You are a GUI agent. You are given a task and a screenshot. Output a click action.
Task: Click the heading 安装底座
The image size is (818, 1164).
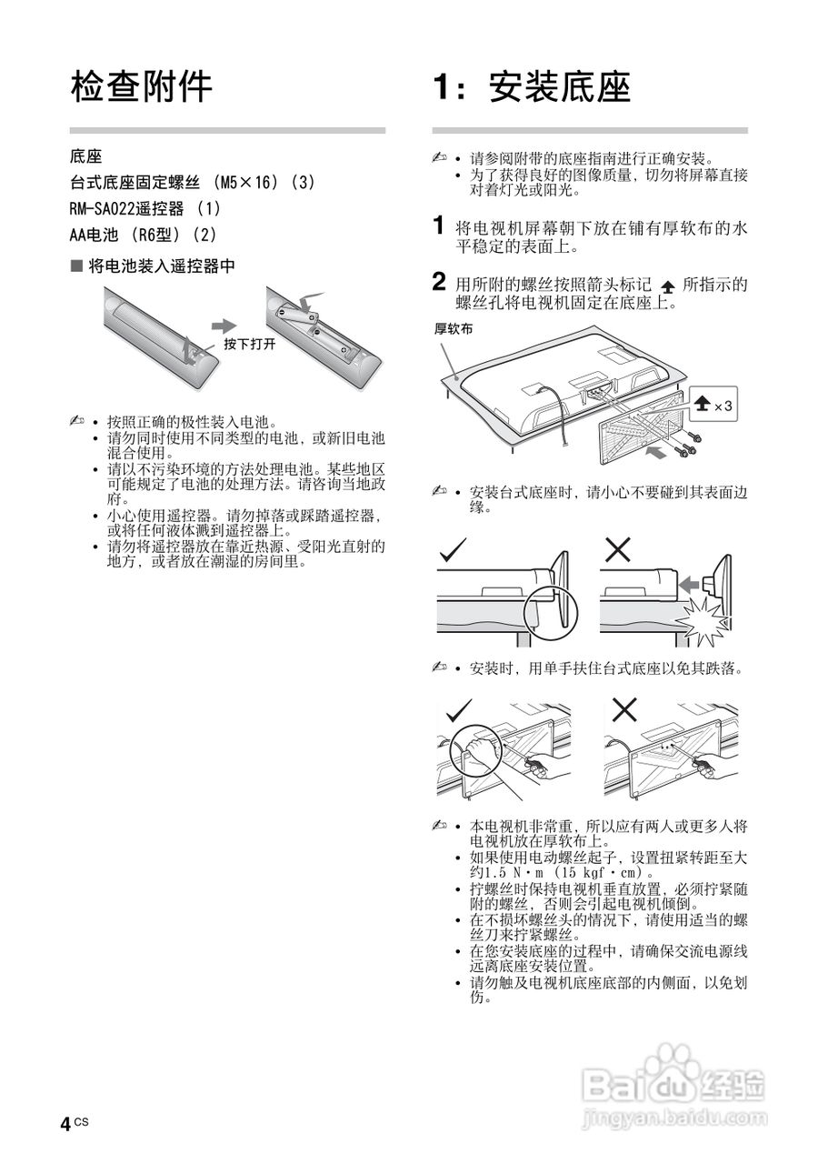[x=532, y=87]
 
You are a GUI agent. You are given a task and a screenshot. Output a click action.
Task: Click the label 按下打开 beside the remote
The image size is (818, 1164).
[x=249, y=346]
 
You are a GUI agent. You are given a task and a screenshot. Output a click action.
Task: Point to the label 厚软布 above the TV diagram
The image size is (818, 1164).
[x=453, y=330]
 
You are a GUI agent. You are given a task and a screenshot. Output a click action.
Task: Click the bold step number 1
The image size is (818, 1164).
[x=439, y=225]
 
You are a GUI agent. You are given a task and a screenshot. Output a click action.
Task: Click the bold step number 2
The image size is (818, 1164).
[x=439, y=283]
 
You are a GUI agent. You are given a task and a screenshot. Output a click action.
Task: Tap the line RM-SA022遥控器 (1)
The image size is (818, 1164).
[x=145, y=208]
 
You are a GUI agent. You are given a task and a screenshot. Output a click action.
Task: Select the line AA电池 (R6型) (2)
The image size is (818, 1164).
[x=144, y=235]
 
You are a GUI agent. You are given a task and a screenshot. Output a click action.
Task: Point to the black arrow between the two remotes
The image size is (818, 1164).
[x=224, y=326]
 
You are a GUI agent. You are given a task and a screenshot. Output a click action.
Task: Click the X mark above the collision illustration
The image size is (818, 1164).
[x=618, y=548]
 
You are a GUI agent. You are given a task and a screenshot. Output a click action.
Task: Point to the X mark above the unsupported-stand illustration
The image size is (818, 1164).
[x=623, y=709]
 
